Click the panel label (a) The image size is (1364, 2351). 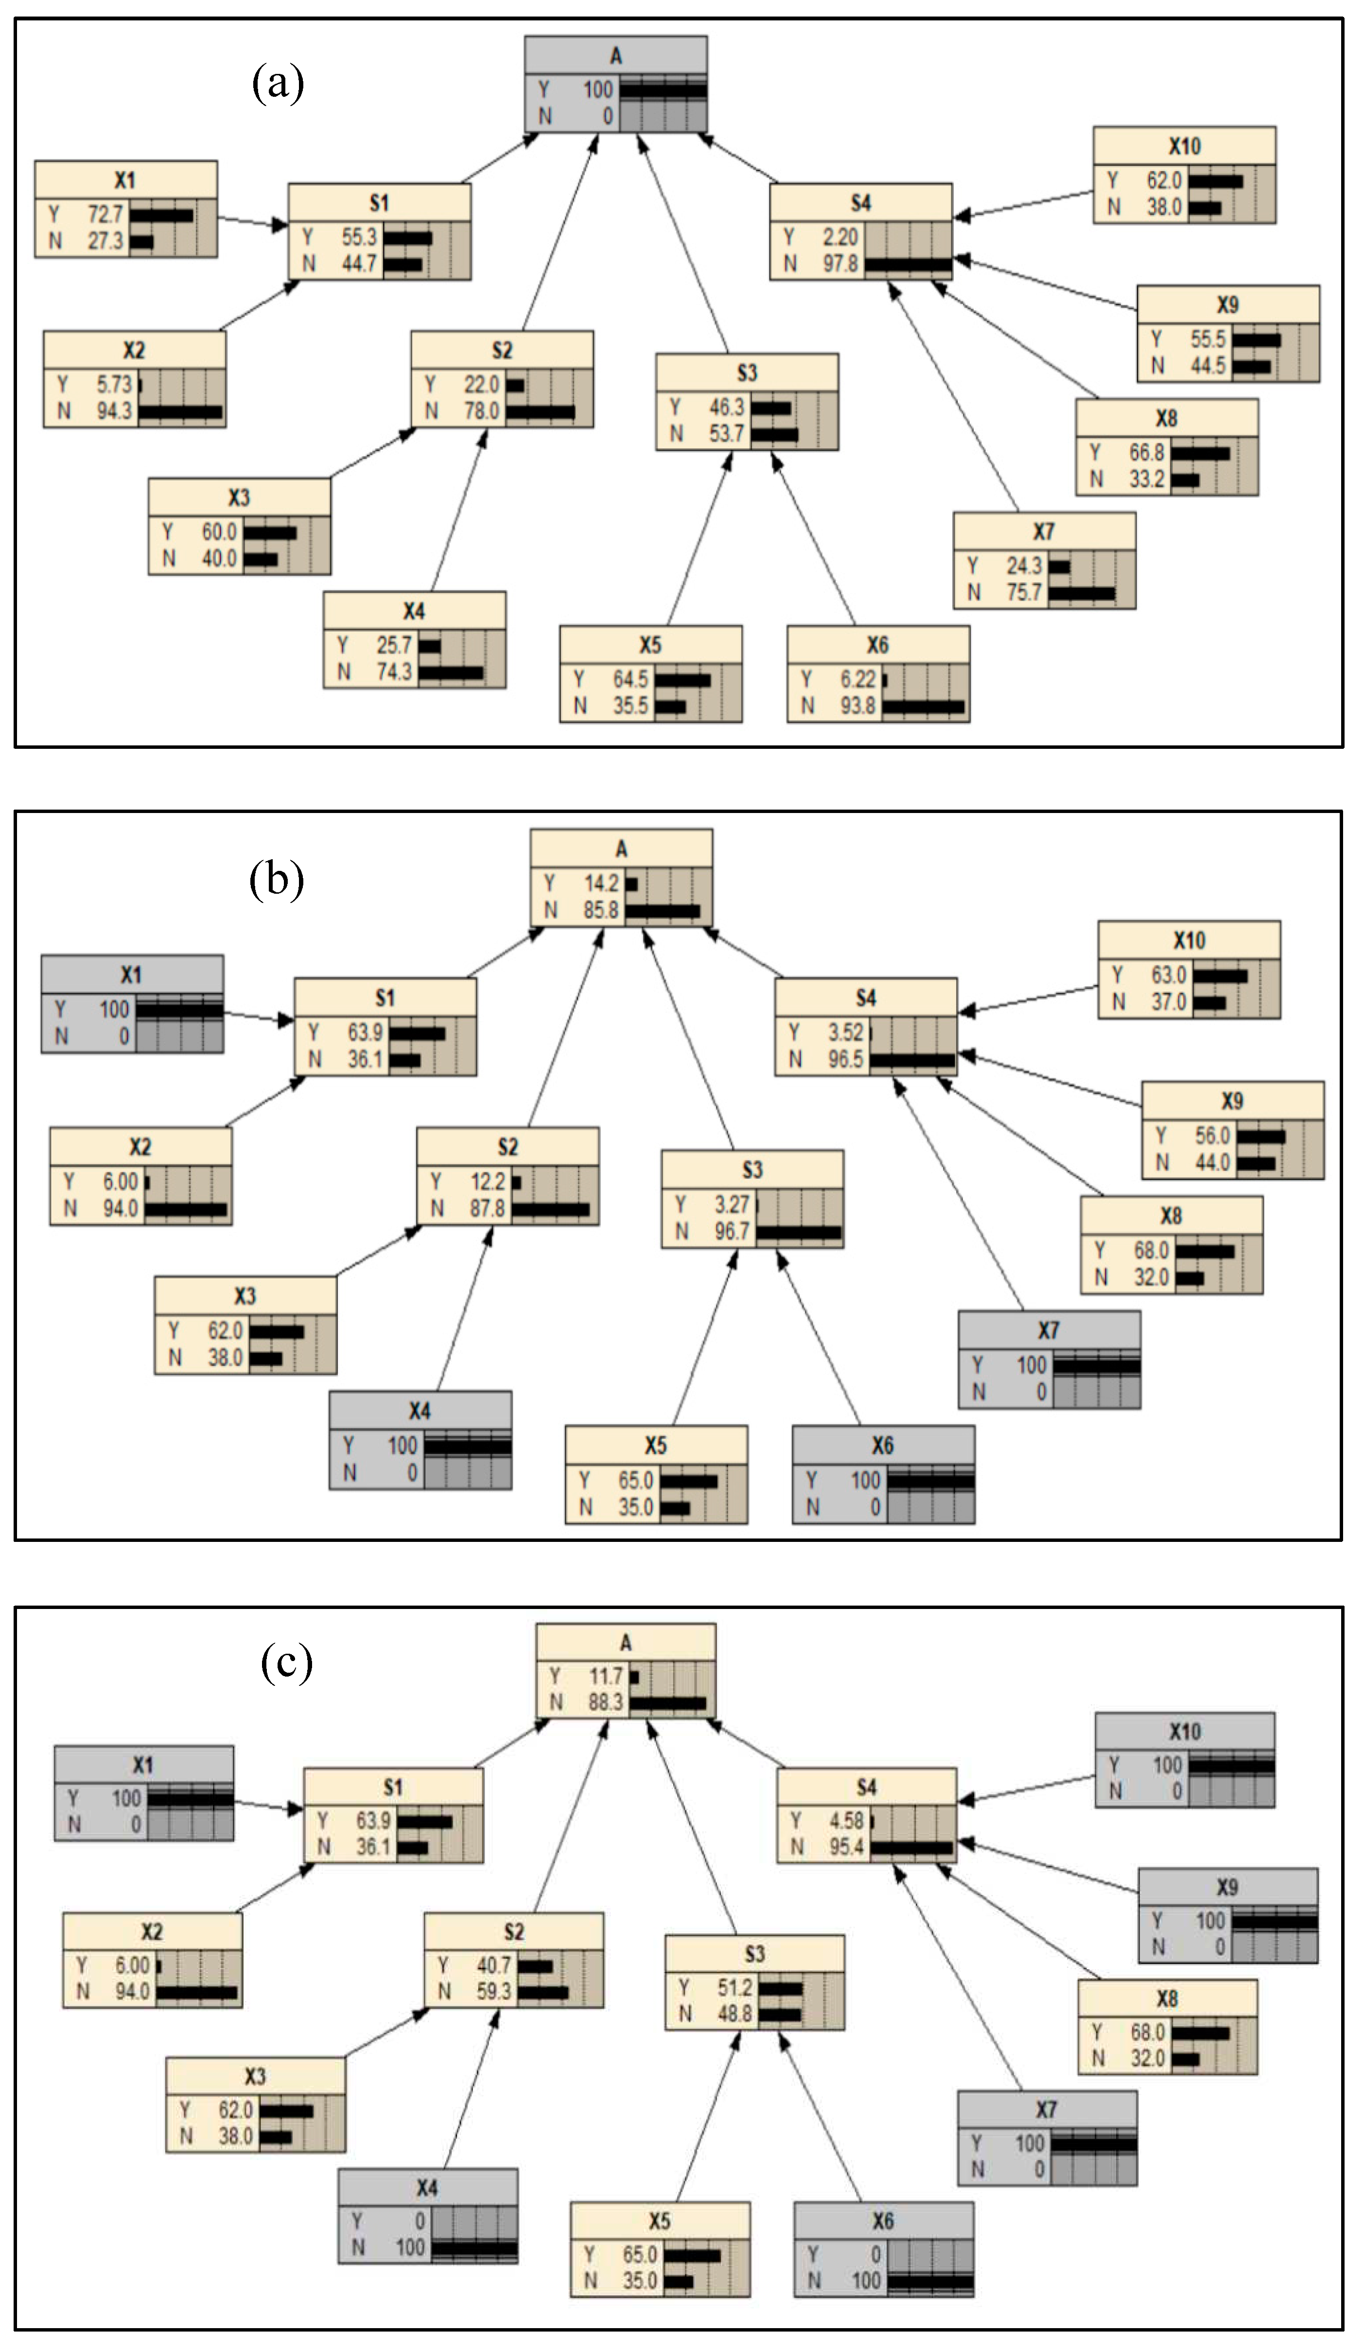(278, 84)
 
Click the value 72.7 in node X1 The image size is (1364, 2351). (105, 214)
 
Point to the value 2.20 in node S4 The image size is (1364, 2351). (839, 237)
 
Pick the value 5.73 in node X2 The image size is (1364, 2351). (115, 384)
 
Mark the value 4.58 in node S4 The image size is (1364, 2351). (846, 1820)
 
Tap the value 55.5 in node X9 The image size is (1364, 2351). (1207, 338)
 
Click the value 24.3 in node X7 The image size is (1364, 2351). (1023, 566)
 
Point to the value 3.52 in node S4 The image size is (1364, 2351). (845, 1032)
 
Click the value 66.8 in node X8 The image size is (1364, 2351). (1147, 453)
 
